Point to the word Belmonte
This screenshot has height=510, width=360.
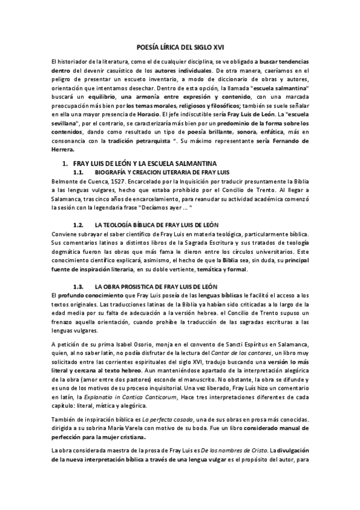(65, 181)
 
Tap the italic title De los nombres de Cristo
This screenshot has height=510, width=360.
(217, 432)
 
